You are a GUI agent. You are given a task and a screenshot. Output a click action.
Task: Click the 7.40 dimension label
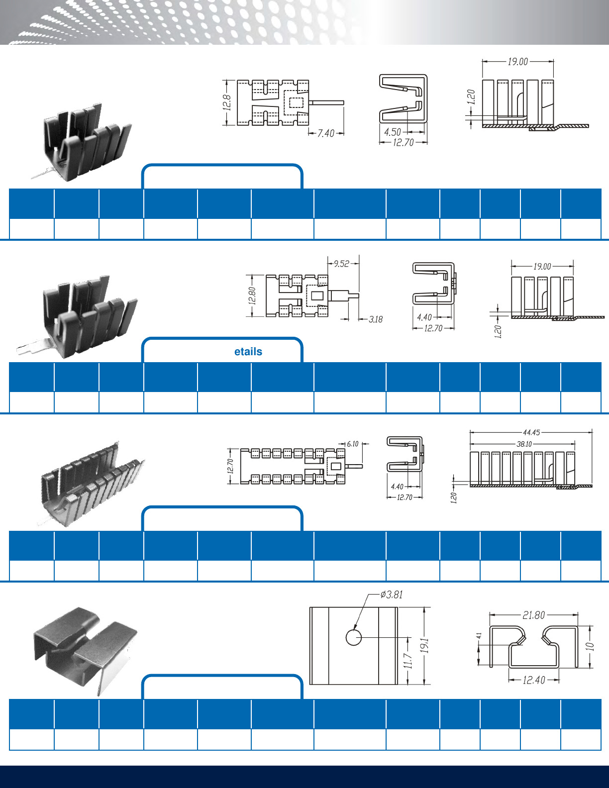326,133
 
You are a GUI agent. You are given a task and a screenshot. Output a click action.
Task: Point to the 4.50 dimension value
392,132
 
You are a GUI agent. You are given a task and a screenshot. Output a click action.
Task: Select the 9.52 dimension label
341,264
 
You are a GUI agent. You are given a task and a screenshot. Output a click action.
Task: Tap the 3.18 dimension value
376,319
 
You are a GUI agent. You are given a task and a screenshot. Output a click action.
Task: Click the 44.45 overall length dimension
531,433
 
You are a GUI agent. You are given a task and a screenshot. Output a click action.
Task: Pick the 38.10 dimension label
524,444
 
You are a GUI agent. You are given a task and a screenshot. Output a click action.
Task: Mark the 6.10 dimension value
352,444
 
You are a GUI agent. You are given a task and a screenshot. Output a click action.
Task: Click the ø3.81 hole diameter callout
392,594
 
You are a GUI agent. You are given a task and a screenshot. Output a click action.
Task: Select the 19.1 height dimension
424,645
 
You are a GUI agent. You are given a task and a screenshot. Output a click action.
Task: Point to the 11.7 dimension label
407,661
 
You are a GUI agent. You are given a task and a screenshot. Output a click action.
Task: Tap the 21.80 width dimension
533,615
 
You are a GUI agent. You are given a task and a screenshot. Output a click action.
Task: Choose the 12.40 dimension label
534,680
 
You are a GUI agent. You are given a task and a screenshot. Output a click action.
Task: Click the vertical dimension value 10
590,646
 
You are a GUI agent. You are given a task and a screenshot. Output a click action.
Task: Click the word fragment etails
248,352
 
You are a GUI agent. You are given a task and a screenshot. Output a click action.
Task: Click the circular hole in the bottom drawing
353,637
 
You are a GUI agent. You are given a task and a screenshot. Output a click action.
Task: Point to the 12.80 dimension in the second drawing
252,296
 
